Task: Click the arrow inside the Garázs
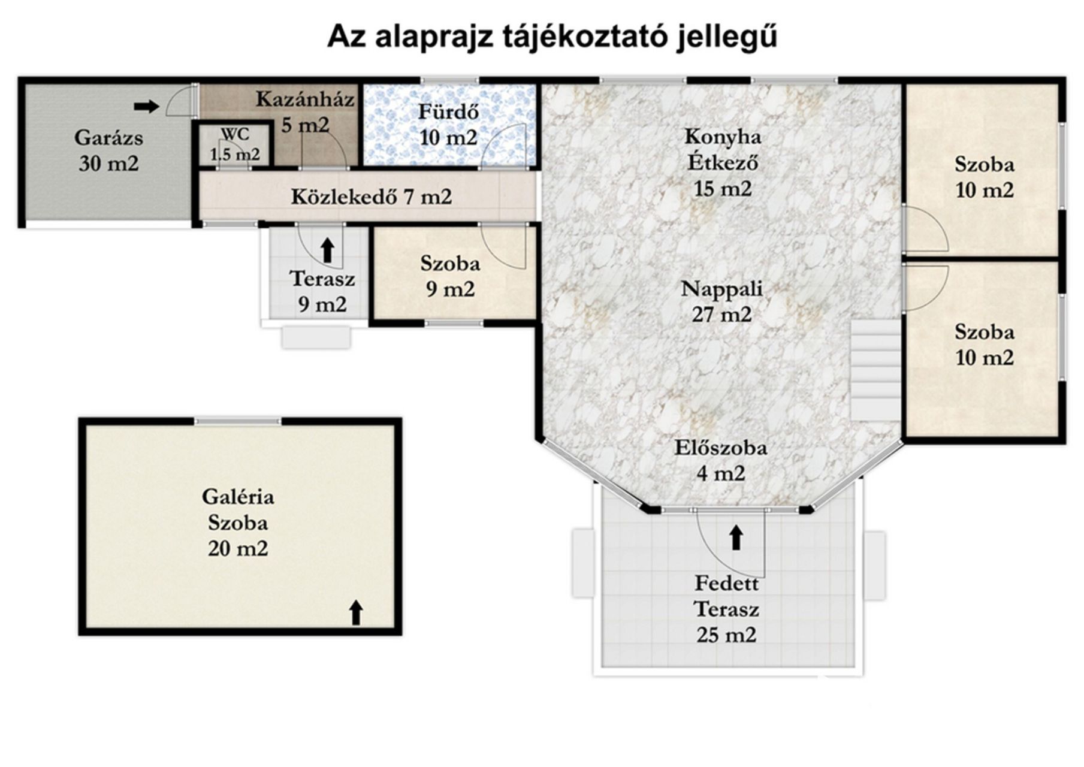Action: click(146, 107)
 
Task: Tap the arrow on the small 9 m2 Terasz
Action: click(327, 250)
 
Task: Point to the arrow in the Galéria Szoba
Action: click(356, 612)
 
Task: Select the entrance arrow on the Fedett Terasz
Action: click(736, 537)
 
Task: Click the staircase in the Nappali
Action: click(875, 370)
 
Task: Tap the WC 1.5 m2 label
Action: click(235, 144)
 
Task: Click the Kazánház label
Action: click(305, 99)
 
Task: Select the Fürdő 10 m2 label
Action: click(448, 125)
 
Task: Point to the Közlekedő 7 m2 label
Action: click(371, 197)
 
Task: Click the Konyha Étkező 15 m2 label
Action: click(723, 162)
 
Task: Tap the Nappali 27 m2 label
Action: click(722, 301)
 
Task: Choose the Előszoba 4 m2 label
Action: click(721, 461)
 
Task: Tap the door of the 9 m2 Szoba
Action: click(503, 246)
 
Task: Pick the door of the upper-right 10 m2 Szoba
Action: click(925, 228)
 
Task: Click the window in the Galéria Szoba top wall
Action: click(238, 421)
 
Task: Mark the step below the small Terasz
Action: click(316, 337)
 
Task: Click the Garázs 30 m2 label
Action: click(108, 150)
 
